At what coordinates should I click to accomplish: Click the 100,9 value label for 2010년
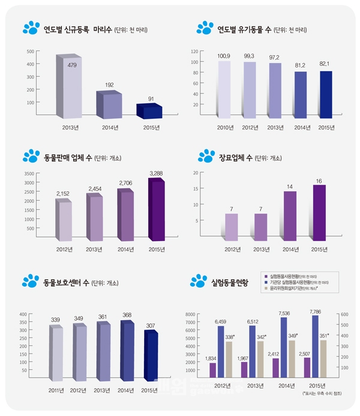point(224,56)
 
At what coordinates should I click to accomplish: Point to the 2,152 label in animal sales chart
point(63,193)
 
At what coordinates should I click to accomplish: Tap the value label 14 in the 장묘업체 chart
point(290,186)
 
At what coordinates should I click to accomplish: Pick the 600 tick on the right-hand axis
point(344,314)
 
